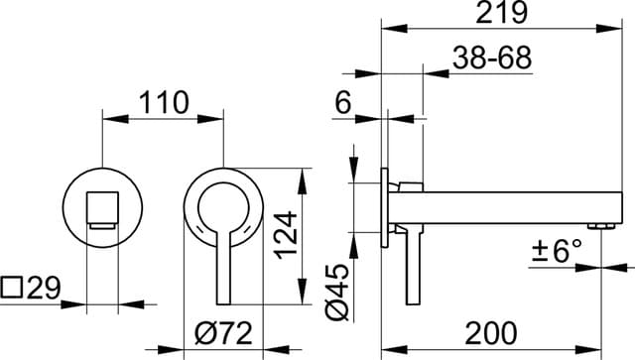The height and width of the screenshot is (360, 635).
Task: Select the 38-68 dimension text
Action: tap(492, 58)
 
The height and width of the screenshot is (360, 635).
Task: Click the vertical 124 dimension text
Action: tap(285, 234)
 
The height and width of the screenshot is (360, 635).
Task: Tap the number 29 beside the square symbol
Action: tap(44, 289)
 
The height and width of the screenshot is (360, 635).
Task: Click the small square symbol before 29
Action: tap(13, 290)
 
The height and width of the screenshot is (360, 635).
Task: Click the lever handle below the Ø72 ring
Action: tap(222, 273)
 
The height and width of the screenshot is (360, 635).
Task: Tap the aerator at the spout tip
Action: tap(600, 227)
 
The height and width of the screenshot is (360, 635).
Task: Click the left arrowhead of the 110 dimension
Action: tap(109, 119)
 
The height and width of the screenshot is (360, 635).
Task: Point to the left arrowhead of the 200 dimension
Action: tap(389, 348)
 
